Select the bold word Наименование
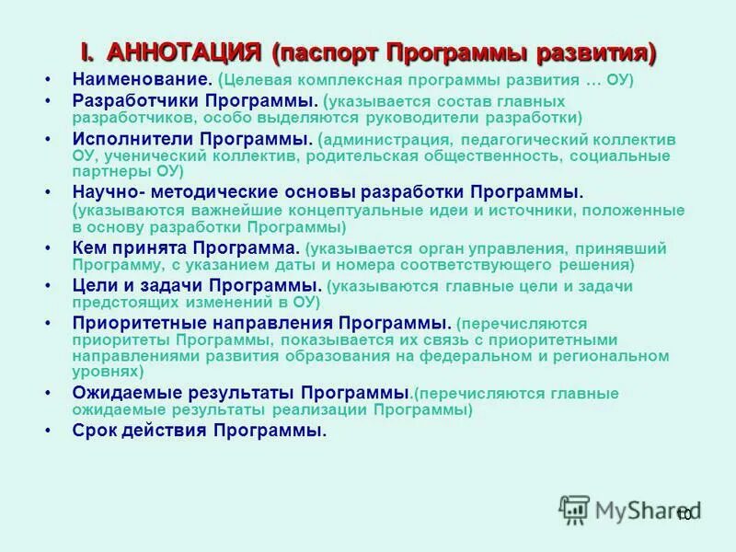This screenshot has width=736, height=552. click(140, 80)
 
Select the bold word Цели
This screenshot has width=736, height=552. click(93, 286)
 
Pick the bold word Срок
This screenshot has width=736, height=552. click(94, 431)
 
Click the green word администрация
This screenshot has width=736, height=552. click(384, 141)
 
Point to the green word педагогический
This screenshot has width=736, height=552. click(525, 141)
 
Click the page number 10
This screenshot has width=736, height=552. click(684, 514)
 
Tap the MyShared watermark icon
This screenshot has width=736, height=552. click(574, 508)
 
